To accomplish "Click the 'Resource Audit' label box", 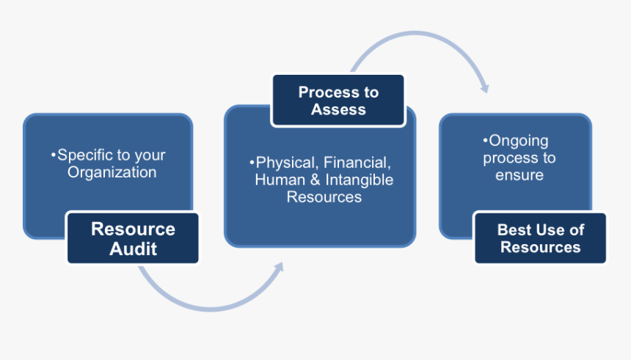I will coord(133,238).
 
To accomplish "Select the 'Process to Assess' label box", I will coord(338,100).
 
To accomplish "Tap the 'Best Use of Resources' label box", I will coord(540,238).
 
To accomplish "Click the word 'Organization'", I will coord(112,173).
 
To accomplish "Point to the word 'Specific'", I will coord(84,155).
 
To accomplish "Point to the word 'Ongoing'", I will coord(518,141).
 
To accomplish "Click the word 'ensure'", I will coord(519,175).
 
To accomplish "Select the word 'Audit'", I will coord(134,249).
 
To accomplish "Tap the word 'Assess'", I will coord(338,109).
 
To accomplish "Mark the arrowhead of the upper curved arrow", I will coord(484,87).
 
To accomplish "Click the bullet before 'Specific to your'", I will coord(53,155).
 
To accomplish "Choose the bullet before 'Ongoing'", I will coord(485,141).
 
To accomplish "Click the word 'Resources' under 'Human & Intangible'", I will coord(324,197).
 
